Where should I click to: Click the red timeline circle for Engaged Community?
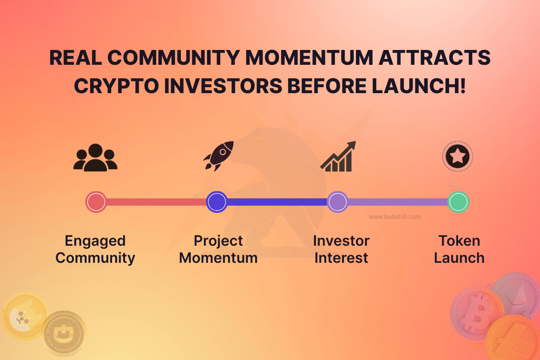96,202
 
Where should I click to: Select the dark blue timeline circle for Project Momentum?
216,202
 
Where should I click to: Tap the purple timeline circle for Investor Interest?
337,202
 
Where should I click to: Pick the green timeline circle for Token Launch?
459,202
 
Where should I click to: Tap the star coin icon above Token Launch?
458,157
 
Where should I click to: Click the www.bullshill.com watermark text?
395,216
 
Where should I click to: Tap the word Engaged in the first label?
95,241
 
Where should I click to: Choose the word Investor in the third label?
341,241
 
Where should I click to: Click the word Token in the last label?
459,241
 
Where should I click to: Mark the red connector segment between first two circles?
156,202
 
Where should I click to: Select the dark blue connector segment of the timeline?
277,202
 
